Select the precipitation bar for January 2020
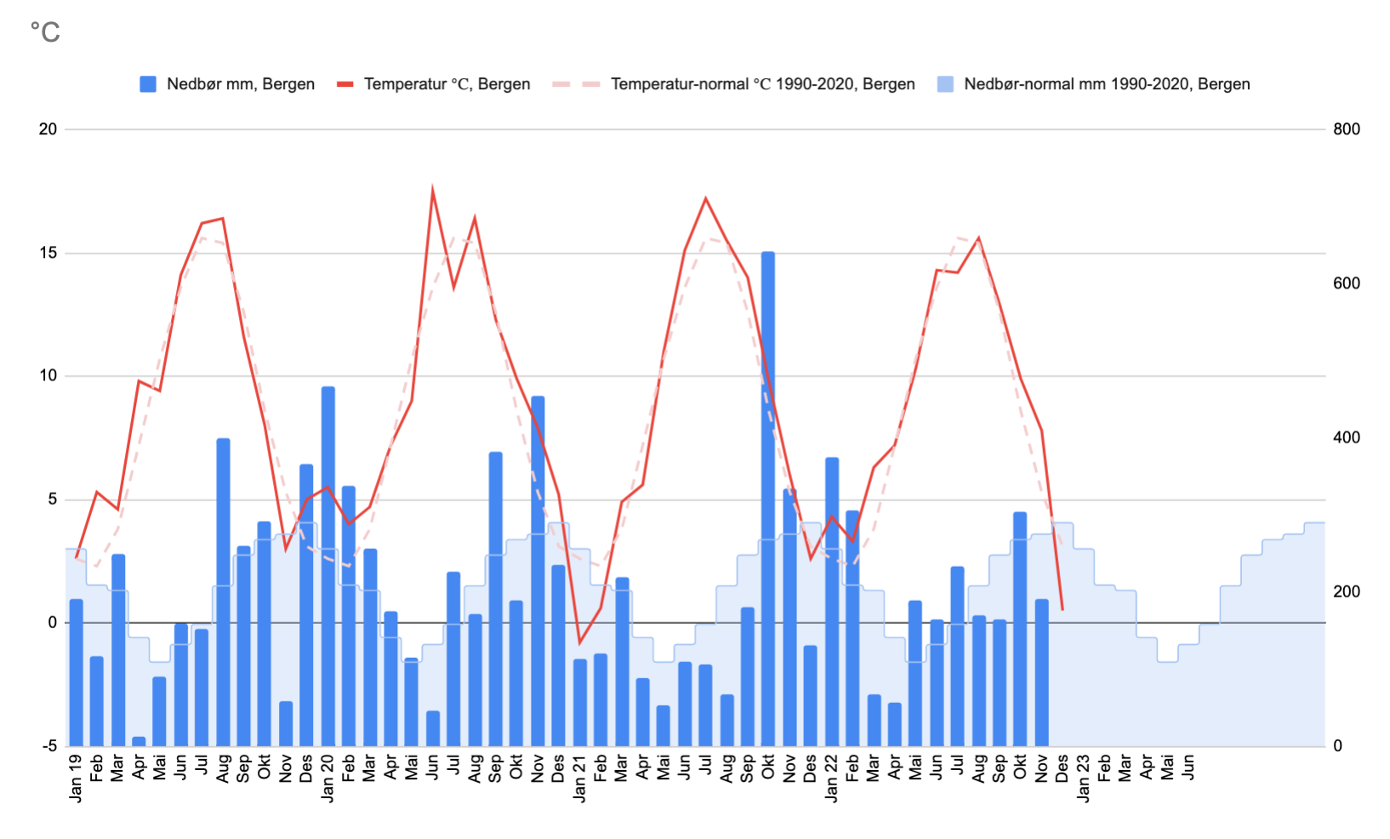coord(328,566)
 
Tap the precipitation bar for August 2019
coord(223,591)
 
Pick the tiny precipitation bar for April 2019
coord(139,741)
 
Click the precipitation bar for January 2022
coord(831,602)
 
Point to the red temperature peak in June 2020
coord(433,191)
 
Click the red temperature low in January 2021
coord(579,642)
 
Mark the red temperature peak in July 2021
coord(705,199)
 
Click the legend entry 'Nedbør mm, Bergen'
coord(228,84)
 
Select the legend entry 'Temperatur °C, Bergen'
coord(435,84)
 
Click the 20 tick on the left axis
coord(48,129)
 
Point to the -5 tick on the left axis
coord(48,746)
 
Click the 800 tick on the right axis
coord(1347,129)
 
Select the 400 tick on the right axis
coord(1347,437)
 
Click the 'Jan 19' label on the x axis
coord(77,777)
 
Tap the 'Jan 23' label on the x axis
coord(1083,777)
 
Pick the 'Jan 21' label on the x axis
coord(579,777)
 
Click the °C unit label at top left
coord(45,32)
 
